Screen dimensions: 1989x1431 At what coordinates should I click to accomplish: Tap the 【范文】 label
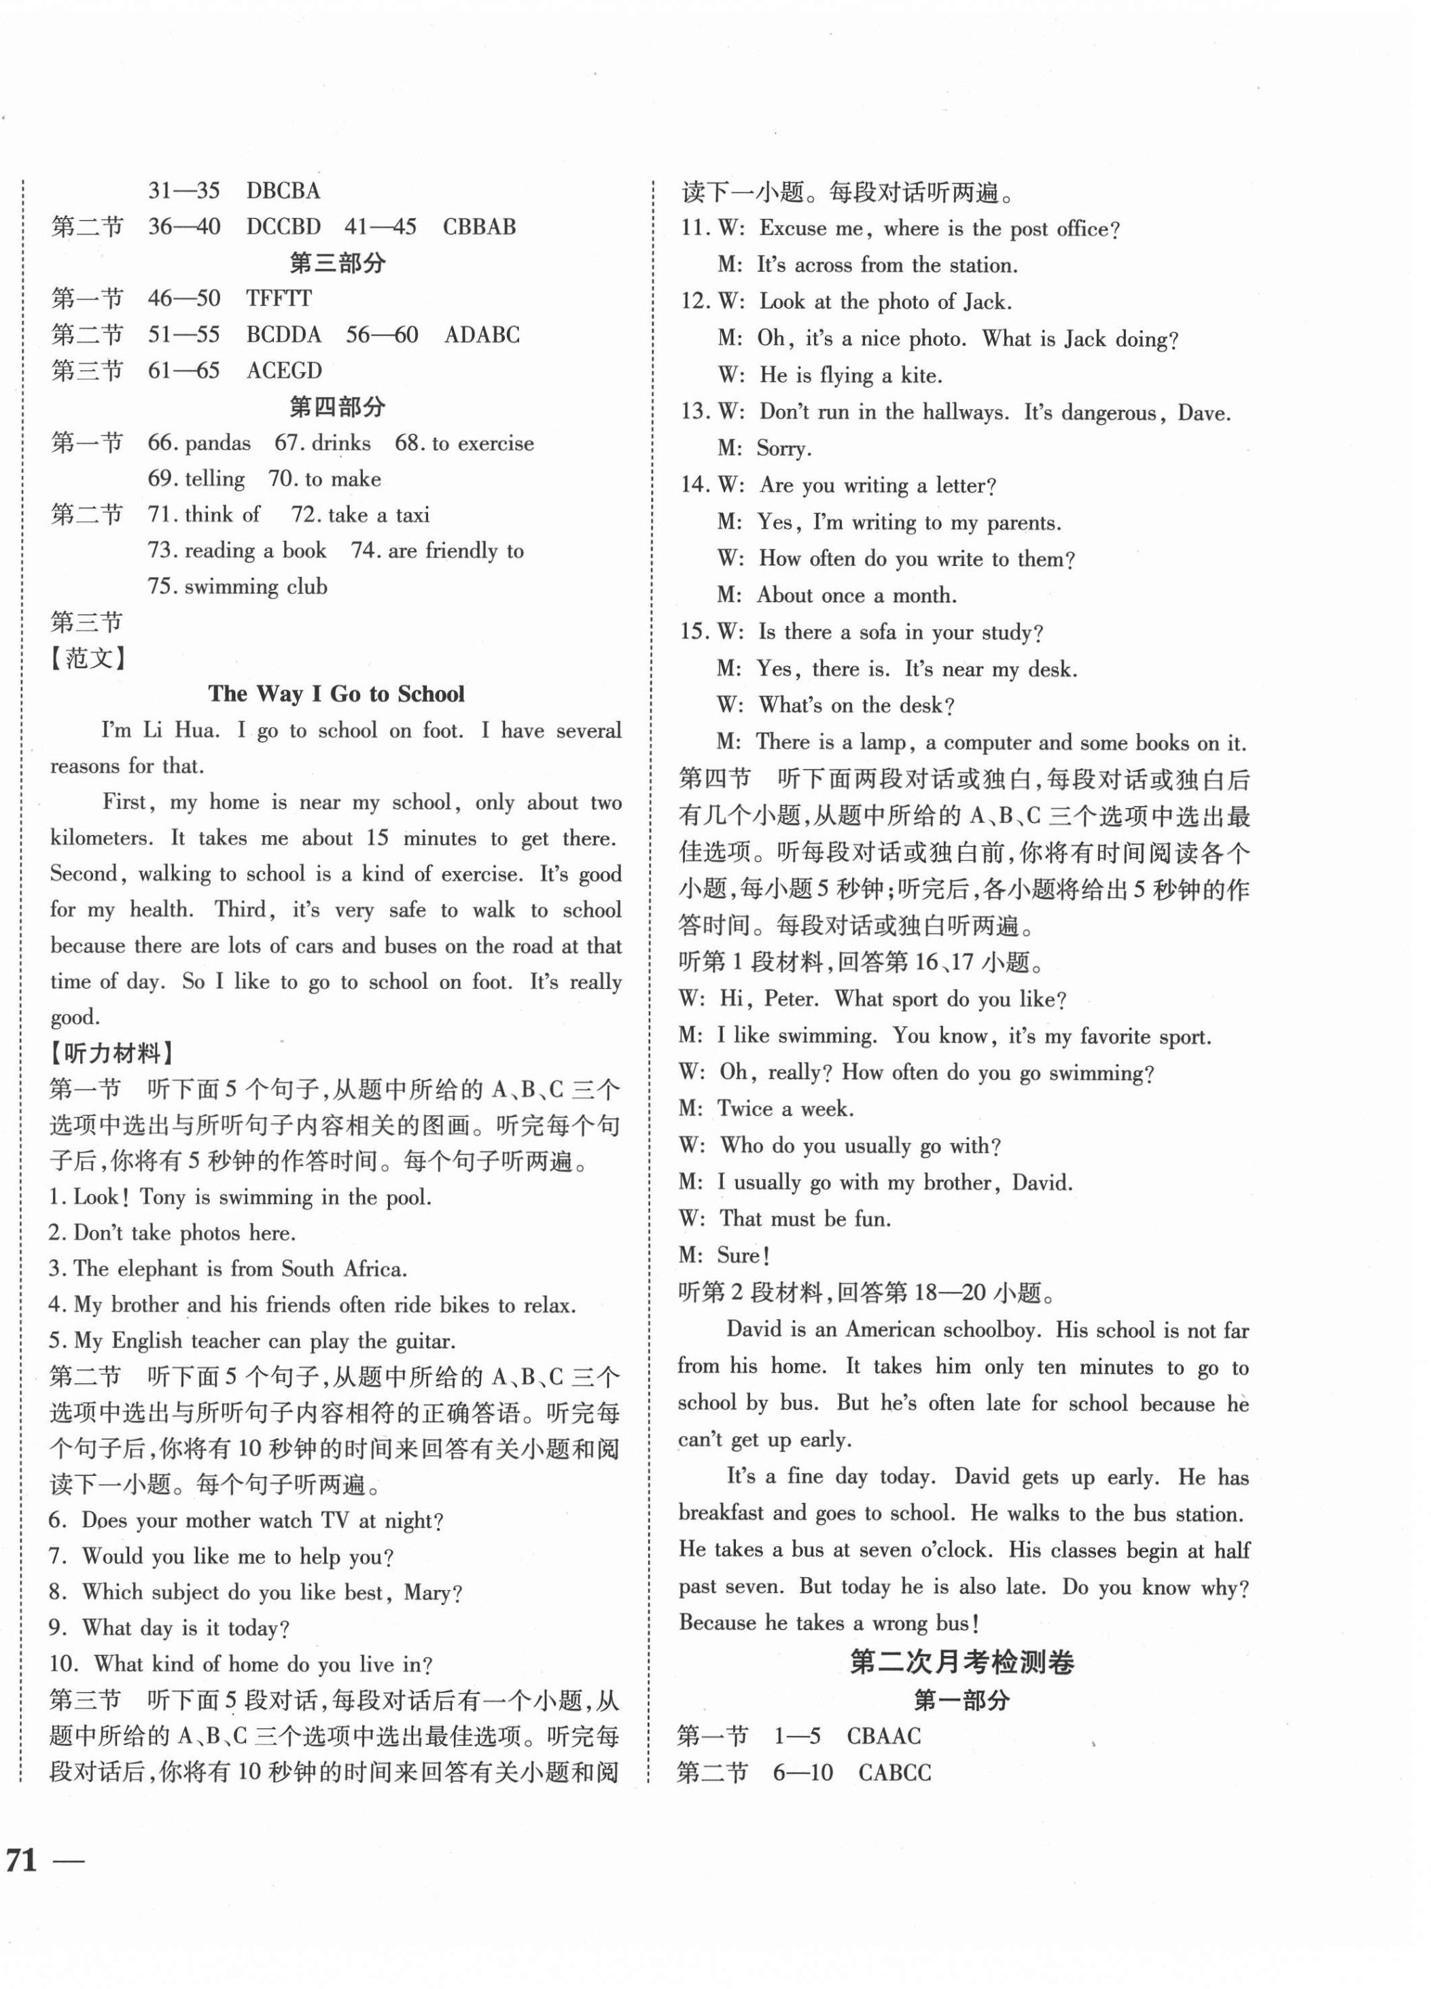88,658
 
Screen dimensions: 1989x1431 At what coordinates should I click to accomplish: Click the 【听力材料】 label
112,1053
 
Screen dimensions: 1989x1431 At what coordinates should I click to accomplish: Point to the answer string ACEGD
284,370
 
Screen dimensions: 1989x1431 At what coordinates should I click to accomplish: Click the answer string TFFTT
279,298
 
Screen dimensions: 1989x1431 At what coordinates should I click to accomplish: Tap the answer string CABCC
894,1772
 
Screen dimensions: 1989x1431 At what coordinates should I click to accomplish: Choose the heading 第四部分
337,406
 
